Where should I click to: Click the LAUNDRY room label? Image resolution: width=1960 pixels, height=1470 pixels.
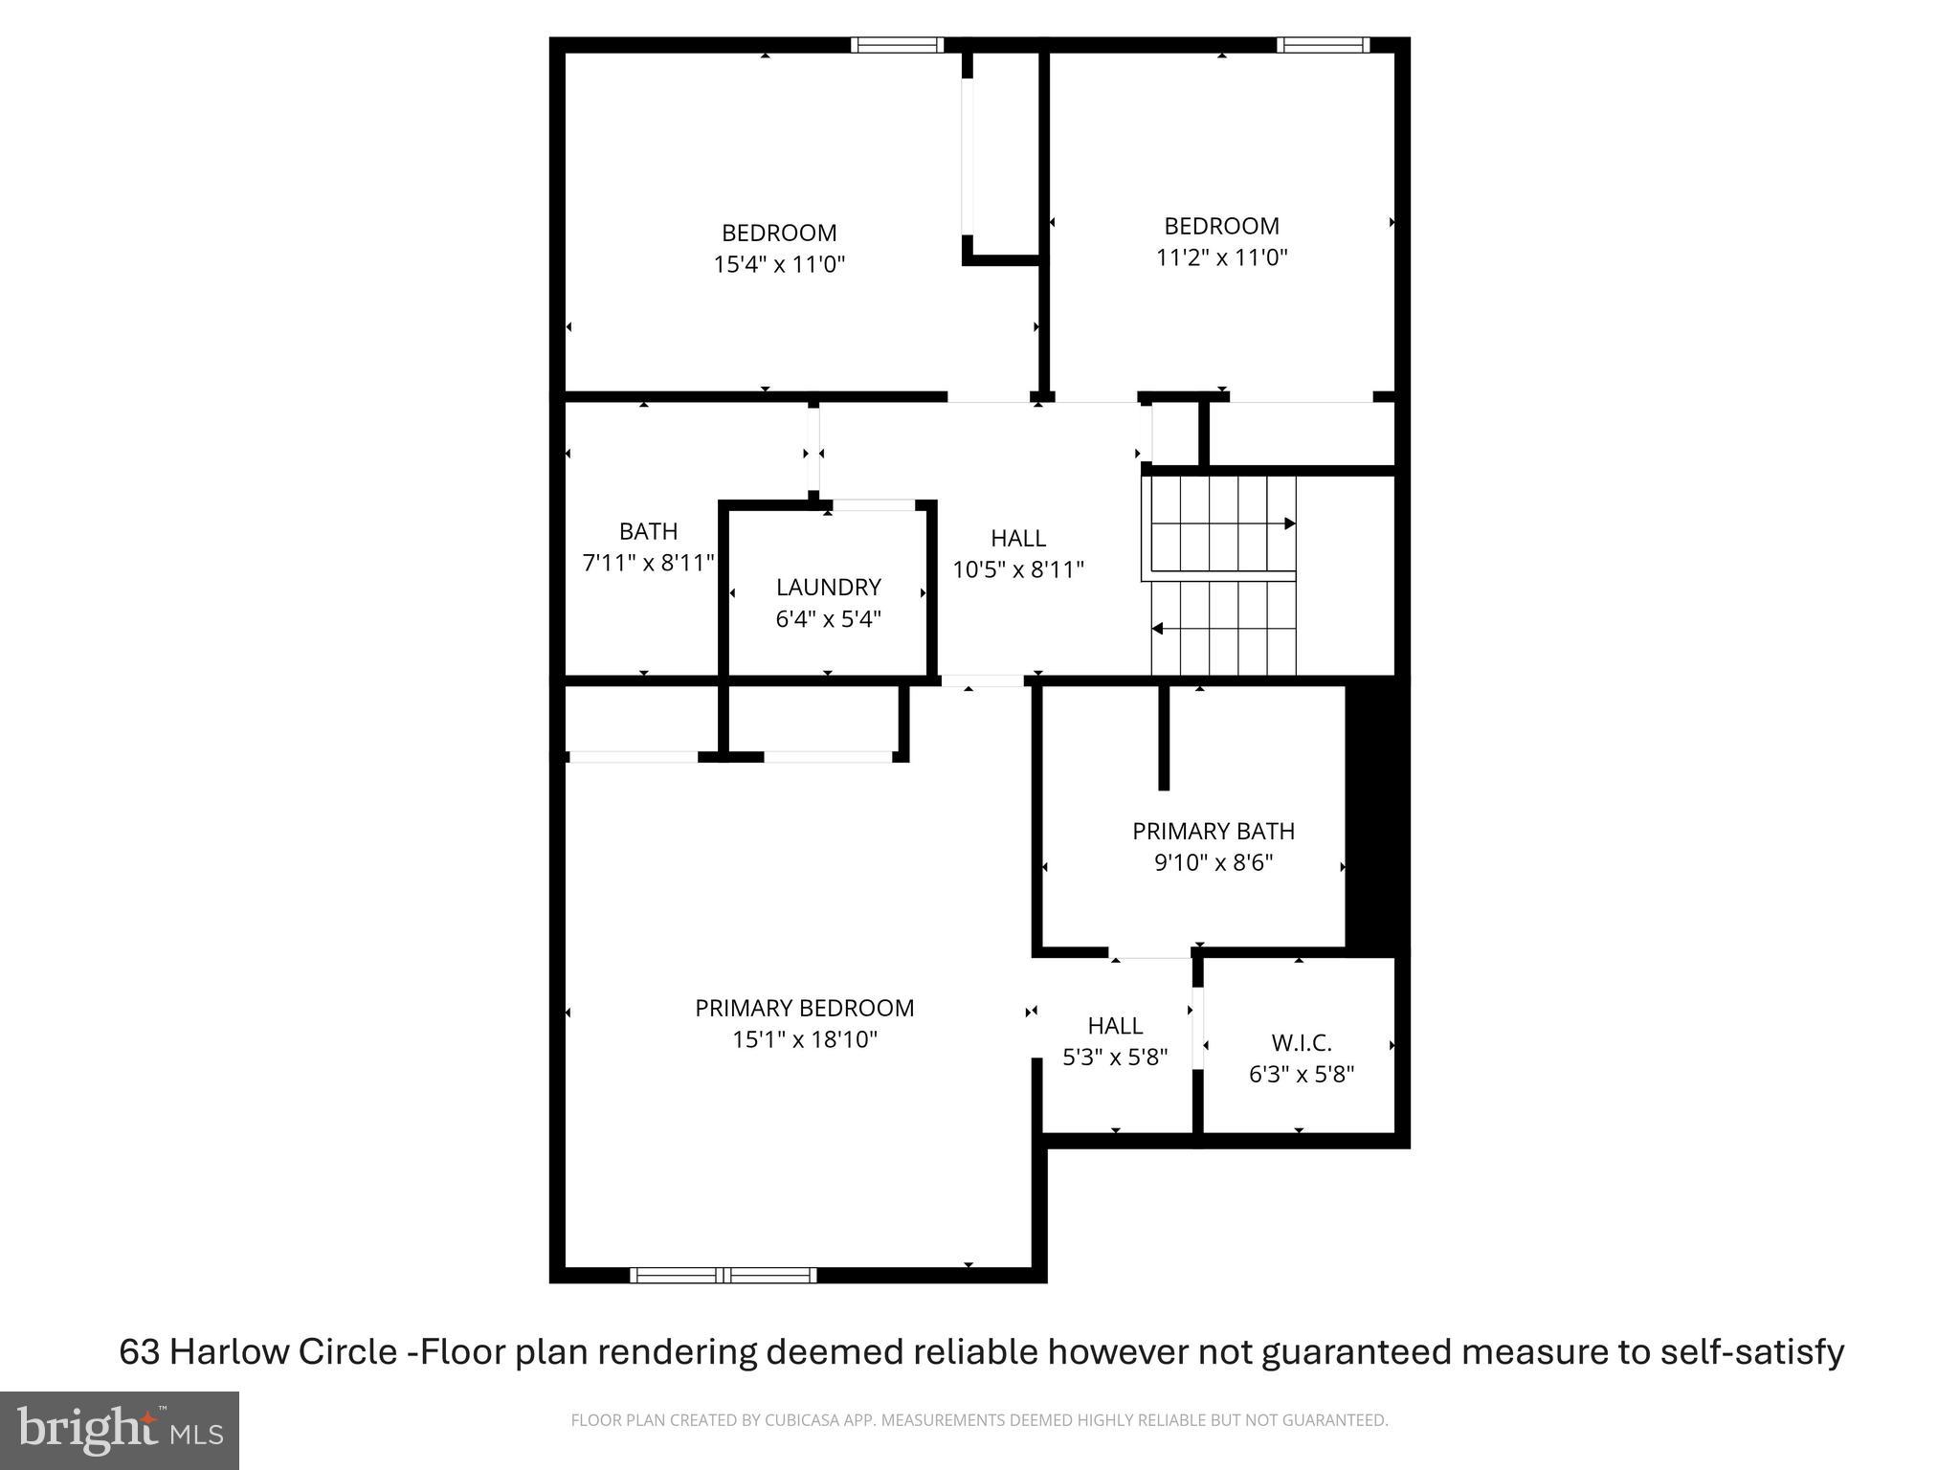[828, 587]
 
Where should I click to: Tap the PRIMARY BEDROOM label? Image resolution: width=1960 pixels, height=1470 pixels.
[804, 1008]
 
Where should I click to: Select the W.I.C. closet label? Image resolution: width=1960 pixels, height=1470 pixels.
[1302, 1042]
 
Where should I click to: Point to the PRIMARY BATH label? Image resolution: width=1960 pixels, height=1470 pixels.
[1214, 831]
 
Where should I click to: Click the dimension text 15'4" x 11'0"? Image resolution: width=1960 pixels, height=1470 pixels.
[779, 264]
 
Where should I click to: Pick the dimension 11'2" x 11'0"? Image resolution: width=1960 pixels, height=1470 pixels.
[1222, 257]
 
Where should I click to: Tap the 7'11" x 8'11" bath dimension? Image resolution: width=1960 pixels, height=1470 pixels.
[649, 563]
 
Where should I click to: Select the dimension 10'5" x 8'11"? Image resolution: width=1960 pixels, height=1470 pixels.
[1018, 569]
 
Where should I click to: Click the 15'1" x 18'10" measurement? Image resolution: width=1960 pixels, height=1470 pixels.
[805, 1039]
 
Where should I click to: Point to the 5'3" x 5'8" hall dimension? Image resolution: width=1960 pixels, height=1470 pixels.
[1115, 1058]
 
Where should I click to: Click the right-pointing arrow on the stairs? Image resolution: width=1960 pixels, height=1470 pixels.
[1289, 523]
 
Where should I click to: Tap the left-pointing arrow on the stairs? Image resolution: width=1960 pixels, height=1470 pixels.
[1158, 629]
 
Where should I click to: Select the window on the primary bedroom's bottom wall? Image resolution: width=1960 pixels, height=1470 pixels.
[724, 1275]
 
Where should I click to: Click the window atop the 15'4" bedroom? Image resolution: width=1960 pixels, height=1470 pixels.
[897, 45]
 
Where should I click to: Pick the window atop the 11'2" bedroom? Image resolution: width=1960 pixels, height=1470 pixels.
[1323, 45]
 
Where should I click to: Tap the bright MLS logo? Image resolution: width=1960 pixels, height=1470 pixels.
[120, 1431]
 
